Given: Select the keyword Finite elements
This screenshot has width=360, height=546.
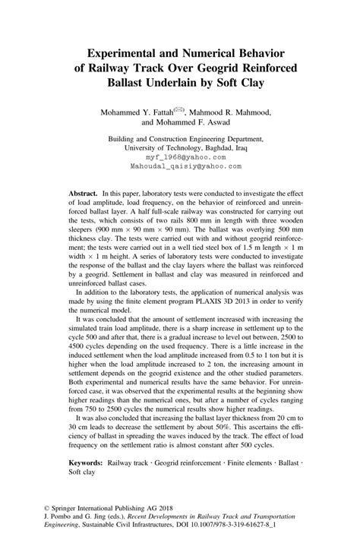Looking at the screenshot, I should click(x=228, y=462).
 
